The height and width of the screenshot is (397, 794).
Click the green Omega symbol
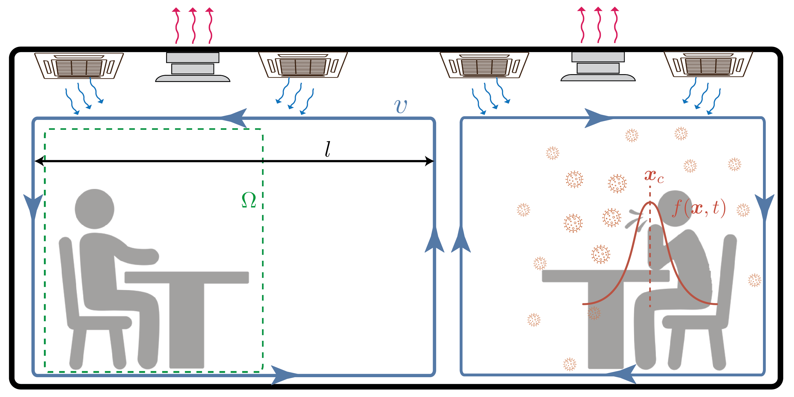click(249, 200)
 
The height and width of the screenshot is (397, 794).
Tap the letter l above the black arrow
click(328, 149)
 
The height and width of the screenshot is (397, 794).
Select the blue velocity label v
click(400, 106)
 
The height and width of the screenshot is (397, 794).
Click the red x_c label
click(654, 176)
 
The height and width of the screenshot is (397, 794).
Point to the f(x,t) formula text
click(699, 208)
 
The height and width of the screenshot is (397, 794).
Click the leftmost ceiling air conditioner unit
click(79, 66)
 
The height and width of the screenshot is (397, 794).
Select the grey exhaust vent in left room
click(193, 67)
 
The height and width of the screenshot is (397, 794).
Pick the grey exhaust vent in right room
click(598, 67)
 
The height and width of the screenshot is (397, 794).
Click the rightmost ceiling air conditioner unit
click(708, 65)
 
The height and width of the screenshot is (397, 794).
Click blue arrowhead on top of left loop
click(235, 118)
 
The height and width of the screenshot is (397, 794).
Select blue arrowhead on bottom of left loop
click(284, 375)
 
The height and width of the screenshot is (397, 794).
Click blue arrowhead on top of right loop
click(597, 118)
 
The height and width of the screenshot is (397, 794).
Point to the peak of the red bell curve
click(650, 203)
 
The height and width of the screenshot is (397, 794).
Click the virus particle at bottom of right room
click(569, 364)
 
